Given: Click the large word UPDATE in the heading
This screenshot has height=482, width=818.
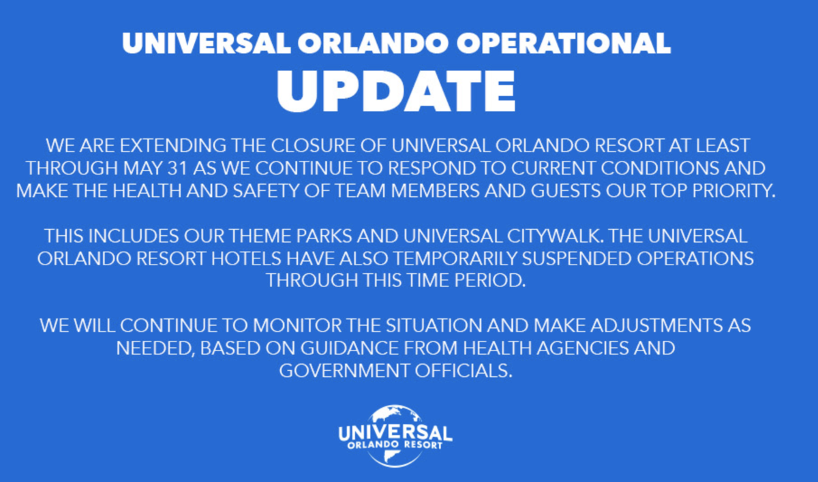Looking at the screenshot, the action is [396, 91].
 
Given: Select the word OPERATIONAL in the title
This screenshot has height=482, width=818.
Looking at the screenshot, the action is [564, 44].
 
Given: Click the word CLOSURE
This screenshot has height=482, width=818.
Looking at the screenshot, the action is [313, 146].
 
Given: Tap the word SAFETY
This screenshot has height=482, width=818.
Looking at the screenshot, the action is [266, 191].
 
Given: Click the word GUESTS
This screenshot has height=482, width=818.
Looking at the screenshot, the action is [566, 191].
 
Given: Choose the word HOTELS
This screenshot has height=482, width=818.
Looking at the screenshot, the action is [246, 259].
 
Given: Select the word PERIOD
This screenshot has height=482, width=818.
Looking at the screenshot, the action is [489, 281].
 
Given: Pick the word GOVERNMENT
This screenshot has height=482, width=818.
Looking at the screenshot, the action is [344, 371].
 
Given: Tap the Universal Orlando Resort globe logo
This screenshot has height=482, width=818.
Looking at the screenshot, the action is [395, 436].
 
